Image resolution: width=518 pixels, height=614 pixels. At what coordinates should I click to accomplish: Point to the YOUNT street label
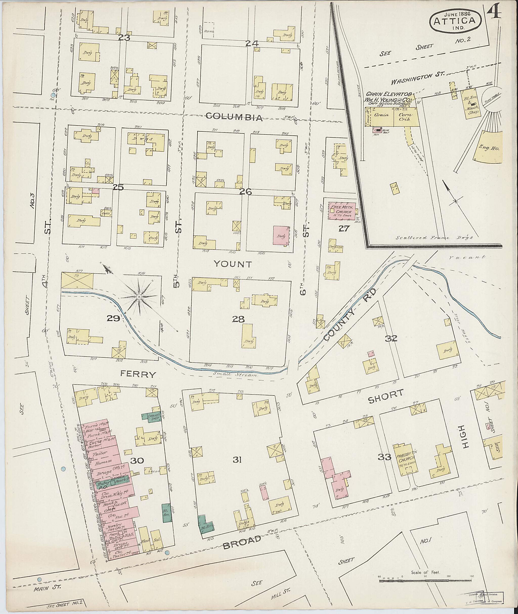(233, 264)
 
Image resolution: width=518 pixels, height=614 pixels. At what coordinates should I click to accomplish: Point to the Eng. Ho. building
(489, 148)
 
